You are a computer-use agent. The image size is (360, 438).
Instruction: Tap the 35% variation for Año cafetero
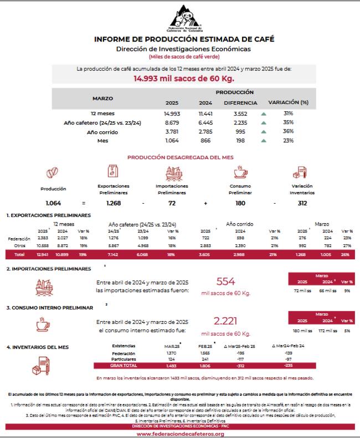pyautogui.click(x=288, y=122)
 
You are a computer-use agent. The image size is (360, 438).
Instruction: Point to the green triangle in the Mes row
pyautogui.click(x=264, y=141)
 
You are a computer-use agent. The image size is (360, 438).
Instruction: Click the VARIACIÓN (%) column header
pyautogui.click(x=288, y=102)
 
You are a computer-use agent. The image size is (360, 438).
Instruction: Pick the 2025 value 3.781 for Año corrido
pyautogui.click(x=172, y=131)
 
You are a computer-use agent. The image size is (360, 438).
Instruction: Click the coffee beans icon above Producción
pyautogui.click(x=53, y=173)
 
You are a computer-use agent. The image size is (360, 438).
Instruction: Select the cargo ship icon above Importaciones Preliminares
pyautogui.click(x=172, y=173)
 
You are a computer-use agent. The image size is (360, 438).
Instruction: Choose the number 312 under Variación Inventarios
pyautogui.click(x=302, y=204)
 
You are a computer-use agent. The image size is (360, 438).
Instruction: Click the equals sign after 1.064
pyautogui.click(x=83, y=204)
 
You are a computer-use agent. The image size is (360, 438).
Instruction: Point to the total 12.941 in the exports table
pyautogui.click(x=43, y=255)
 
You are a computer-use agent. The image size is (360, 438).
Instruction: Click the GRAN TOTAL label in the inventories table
pyautogui.click(x=123, y=365)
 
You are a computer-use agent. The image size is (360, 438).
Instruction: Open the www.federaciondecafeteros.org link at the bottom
pyautogui.click(x=179, y=434)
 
